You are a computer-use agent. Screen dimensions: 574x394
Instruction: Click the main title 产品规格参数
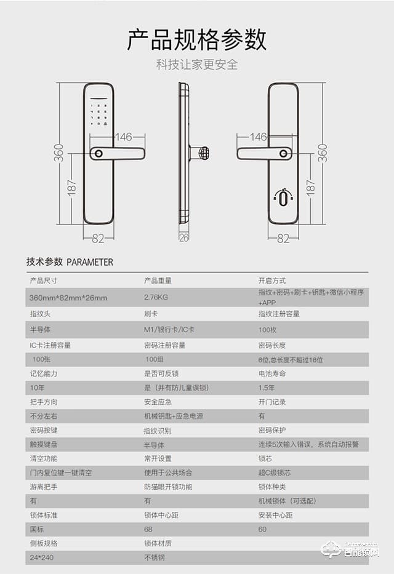(197, 39)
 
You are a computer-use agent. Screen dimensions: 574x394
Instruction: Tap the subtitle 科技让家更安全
(197, 64)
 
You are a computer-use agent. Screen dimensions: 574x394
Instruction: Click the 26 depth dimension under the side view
(183, 237)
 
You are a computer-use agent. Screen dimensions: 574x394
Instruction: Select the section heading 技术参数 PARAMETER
(70, 261)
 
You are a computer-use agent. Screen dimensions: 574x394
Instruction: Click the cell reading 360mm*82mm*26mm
(68, 298)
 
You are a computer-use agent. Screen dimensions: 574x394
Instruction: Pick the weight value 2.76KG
(156, 298)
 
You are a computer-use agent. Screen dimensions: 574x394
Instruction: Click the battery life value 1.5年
(267, 388)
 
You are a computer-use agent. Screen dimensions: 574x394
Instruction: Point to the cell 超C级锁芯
(274, 472)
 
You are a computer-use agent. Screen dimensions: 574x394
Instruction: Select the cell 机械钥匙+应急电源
(173, 416)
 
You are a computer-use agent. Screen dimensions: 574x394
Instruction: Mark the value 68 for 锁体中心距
(148, 529)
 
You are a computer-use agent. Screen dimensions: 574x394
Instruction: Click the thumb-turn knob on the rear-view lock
(283, 198)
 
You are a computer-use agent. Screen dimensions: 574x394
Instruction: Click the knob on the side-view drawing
(201, 153)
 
